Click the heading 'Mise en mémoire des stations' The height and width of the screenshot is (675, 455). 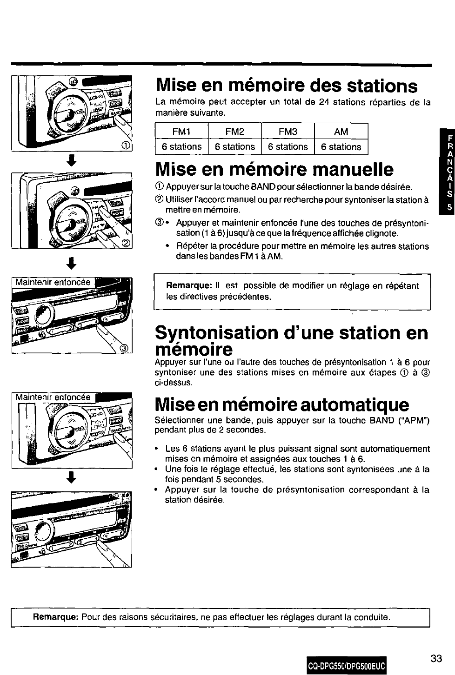[x=287, y=86]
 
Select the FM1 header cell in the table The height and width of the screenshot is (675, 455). [x=181, y=132]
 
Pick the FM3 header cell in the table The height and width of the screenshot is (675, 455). [x=288, y=132]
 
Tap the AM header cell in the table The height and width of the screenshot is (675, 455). [x=341, y=132]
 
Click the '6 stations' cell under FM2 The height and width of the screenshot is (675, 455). [x=235, y=147]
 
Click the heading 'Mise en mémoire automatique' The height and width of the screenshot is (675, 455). [x=282, y=405]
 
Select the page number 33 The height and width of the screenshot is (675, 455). [x=436, y=658]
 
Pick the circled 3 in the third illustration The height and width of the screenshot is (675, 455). [x=124, y=348]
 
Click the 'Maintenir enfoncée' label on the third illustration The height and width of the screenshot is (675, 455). [x=53, y=282]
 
